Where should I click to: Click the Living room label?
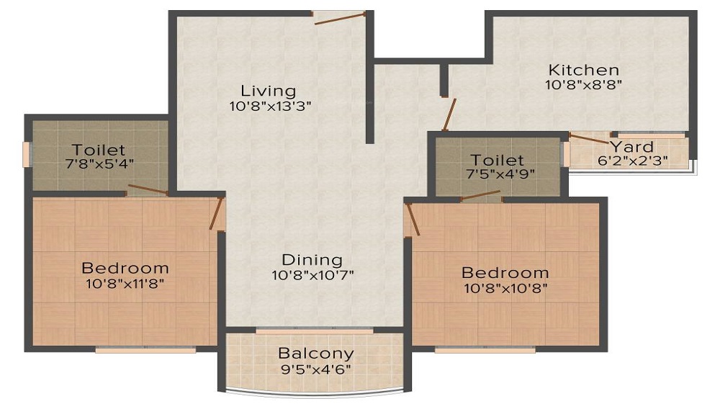pyautogui.click(x=268, y=91)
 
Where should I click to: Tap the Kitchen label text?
pyautogui.click(x=583, y=70)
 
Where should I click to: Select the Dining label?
pyautogui.click(x=312, y=260)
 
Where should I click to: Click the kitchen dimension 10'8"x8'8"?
pyautogui.click(x=583, y=84)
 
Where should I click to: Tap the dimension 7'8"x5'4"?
pyautogui.click(x=99, y=163)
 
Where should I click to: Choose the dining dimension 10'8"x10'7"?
pyautogui.click(x=312, y=274)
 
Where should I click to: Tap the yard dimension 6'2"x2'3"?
pyautogui.click(x=632, y=161)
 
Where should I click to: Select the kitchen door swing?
pyautogui.click(x=449, y=114)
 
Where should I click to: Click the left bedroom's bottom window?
pyautogui.click(x=146, y=350)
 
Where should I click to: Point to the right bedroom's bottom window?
pyautogui.click(x=485, y=350)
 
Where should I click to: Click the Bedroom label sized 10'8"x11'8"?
pyautogui.click(x=125, y=268)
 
